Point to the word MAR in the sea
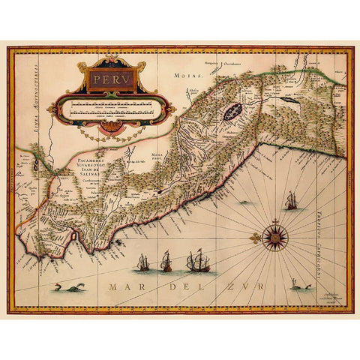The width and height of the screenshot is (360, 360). [x=120, y=287]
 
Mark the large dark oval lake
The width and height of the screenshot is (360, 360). [x=229, y=115]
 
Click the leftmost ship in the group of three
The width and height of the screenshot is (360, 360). [x=143, y=262]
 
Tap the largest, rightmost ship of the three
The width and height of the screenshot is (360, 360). [x=197, y=260]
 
